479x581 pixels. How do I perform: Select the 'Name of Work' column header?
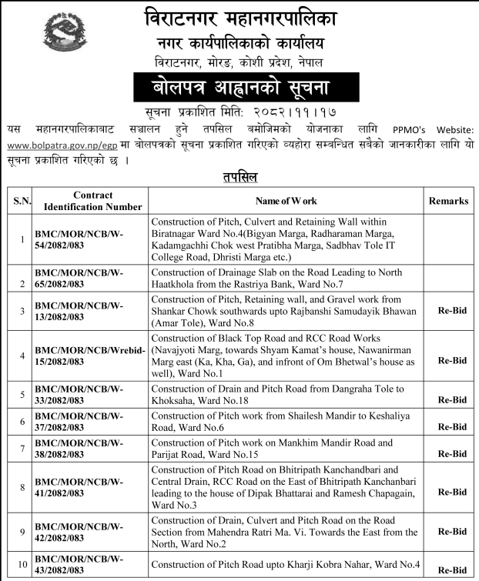pyautogui.click(x=286, y=201)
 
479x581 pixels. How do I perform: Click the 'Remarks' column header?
pyautogui.click(x=448, y=201)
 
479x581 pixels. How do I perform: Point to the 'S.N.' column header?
pyautogui.click(x=19, y=201)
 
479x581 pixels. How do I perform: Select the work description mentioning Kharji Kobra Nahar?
pyautogui.click(x=285, y=565)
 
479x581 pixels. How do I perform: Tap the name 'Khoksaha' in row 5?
pyautogui.click(x=174, y=401)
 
